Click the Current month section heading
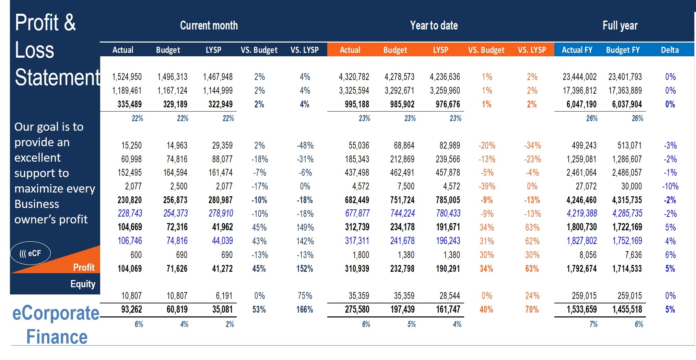(209, 25)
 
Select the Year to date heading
(434, 25)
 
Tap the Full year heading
(620, 25)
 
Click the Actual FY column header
(577, 50)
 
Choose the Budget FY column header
(623, 50)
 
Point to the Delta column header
(670, 50)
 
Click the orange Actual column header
(350, 50)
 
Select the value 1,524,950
(127, 77)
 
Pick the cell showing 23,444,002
(579, 77)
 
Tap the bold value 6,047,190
(581, 104)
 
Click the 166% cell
(305, 310)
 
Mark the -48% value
(305, 146)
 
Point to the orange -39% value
(487, 186)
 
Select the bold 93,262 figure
(131, 310)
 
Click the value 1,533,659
(581, 310)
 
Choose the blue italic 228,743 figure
(130, 213)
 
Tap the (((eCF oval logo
(30, 253)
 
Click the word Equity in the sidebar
(83, 284)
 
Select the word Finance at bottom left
(57, 337)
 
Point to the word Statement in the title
(58, 77)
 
